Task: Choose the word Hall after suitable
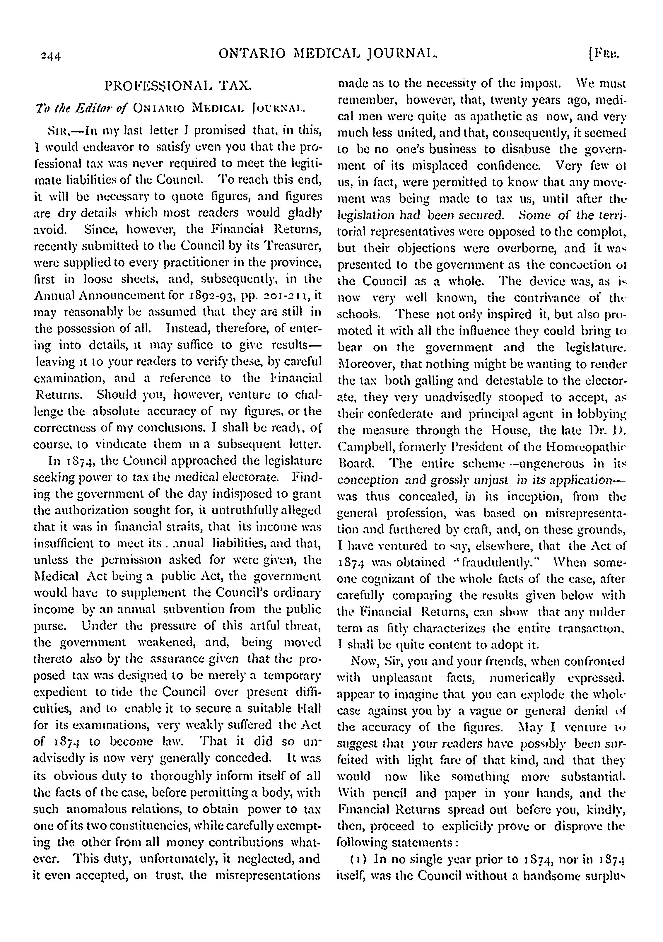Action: (x=310, y=709)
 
